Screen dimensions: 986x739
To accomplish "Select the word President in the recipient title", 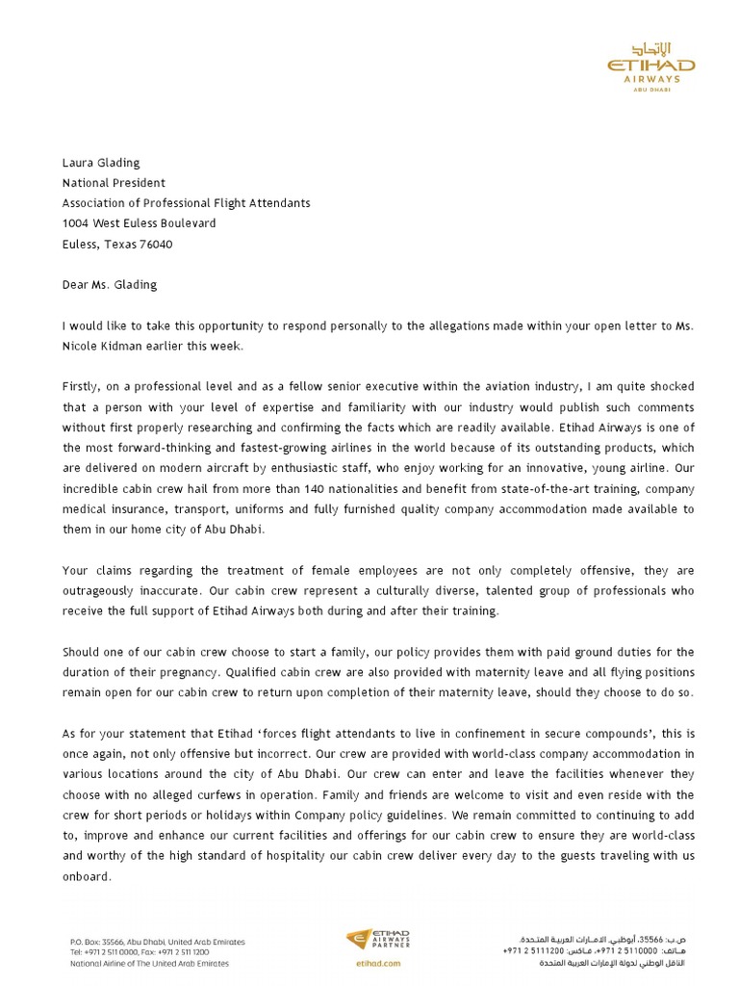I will pyautogui.click(x=140, y=183).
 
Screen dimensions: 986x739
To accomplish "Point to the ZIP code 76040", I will pyautogui.click(x=154, y=244).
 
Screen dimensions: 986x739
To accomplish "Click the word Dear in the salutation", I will pyautogui.click(x=77, y=285).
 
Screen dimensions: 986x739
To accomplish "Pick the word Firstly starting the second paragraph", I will pyautogui.click(x=83, y=386).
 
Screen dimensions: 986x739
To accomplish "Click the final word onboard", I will pyautogui.click(x=87, y=877).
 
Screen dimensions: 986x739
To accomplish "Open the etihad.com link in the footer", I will pyautogui.click(x=377, y=962).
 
